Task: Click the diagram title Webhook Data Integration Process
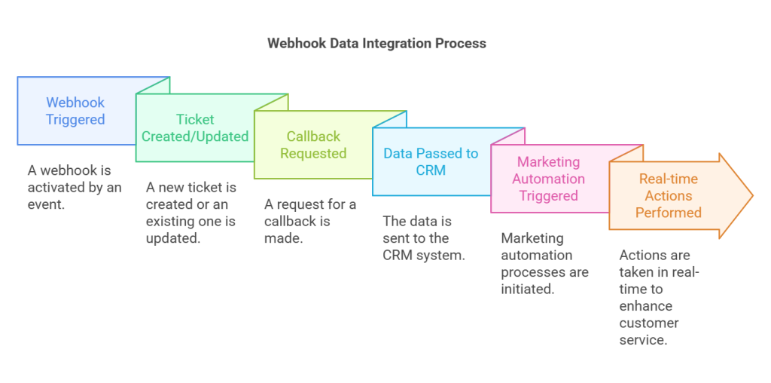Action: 376,43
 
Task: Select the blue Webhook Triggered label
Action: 75,111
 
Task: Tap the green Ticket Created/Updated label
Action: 195,128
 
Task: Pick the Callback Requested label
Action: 313,145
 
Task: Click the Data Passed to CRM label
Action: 431,161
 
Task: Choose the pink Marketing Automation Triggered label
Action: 549,179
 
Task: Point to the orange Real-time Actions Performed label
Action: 668,195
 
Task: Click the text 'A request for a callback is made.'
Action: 310,221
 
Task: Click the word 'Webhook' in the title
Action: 296,43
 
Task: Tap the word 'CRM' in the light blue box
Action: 431,170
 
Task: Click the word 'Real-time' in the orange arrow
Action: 668,179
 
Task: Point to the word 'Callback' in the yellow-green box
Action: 313,136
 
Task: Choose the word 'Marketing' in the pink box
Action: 549,162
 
